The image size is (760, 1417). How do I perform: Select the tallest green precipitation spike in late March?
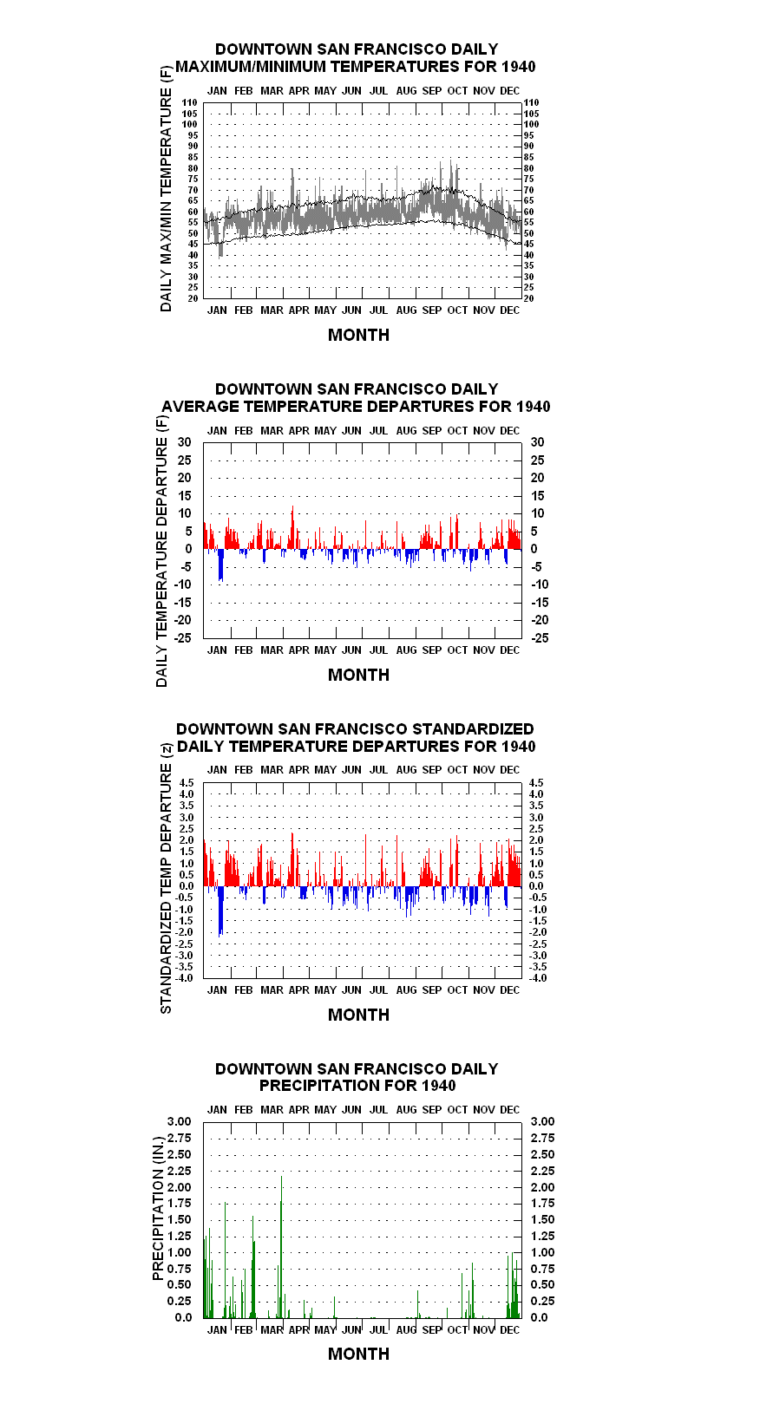coord(282,1247)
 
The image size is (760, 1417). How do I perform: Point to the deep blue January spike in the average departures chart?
coord(221,565)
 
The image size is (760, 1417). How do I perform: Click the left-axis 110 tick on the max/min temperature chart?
coord(190,102)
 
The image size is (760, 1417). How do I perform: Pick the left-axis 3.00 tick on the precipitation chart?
coord(179,1121)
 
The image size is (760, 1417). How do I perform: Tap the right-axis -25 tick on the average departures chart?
coord(540,638)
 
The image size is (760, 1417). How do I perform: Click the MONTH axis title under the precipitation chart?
coord(358,1354)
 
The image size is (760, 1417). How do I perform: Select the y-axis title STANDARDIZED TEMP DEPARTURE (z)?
coord(167,879)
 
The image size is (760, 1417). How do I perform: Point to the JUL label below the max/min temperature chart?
coord(378,310)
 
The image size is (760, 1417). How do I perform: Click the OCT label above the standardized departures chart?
coord(457,770)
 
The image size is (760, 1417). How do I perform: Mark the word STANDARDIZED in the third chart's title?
coord(473,729)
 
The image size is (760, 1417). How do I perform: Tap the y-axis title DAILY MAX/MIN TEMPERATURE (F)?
coord(166,189)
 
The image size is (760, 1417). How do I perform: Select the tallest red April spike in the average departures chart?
coord(292,527)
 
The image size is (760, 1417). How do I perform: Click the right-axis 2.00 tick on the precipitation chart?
coord(542,1187)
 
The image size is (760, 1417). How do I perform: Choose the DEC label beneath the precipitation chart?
coord(509,1329)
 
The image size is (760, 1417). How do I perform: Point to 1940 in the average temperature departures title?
coord(533,407)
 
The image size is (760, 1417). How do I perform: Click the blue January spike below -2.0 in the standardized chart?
coord(220,911)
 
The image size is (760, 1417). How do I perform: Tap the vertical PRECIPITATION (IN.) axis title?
coord(158,1209)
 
